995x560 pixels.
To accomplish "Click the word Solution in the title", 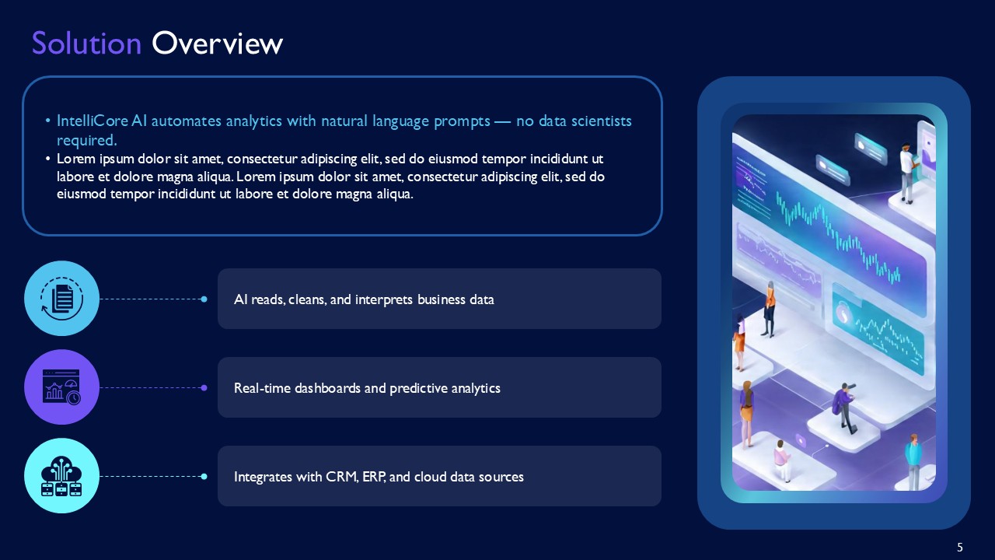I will pos(86,44).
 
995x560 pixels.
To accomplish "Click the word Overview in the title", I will pos(217,44).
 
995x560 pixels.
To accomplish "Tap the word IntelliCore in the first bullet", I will pos(88,121).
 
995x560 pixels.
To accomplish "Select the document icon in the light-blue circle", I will pos(62,298).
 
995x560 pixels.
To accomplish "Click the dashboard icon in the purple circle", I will pos(62,387).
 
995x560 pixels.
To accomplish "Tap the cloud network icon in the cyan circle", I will pos(62,475).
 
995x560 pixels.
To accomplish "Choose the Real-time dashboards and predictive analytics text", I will pos(367,388).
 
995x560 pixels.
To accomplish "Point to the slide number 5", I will pos(960,547).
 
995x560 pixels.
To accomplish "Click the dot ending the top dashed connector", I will pos(204,299).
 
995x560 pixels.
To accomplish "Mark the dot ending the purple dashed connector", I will pos(204,387).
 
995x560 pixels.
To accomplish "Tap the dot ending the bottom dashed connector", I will pos(204,476).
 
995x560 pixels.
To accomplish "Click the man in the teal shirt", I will pos(913,460).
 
